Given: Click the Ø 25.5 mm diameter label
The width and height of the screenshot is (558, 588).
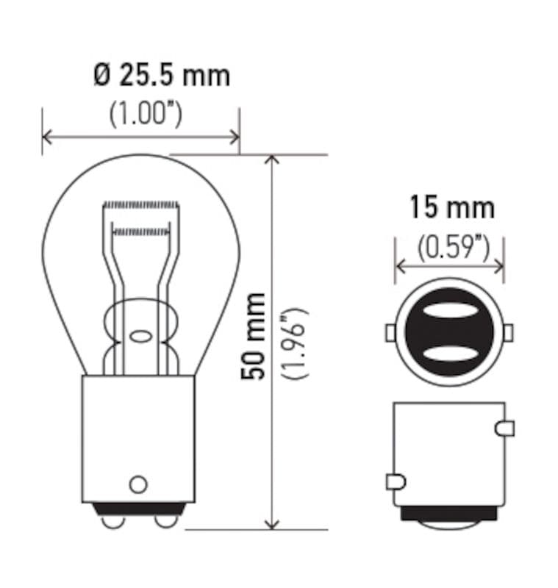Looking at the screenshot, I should pos(162,75).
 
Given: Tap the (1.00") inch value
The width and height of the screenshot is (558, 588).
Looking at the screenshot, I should pos(146,114).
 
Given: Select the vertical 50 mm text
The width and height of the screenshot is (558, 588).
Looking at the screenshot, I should pos(255,336).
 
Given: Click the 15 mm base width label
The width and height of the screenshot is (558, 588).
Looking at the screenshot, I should pos(451,208).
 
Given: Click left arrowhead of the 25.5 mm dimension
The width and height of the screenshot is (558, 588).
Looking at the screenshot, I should pos(48,137).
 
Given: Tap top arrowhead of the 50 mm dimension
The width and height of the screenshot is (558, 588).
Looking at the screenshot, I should pos(273,161).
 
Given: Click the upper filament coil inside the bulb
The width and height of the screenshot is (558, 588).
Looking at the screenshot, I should pos(140,204).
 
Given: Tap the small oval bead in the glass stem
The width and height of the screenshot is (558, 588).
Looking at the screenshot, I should pos(140,337).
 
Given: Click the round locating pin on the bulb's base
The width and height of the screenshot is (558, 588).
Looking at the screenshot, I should pos(137,484).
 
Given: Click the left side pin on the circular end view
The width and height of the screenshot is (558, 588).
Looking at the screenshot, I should pos(390,333).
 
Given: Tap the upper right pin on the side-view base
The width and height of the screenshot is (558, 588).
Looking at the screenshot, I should pos(506,428).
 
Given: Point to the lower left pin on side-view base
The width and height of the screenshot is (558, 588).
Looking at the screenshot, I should pos(395,481).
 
